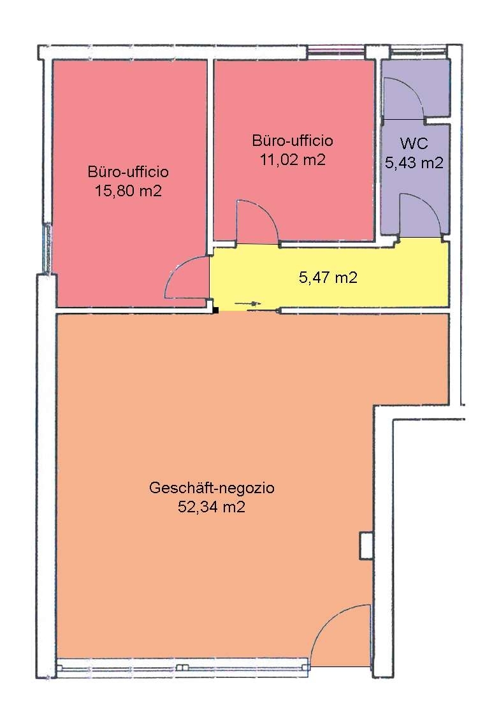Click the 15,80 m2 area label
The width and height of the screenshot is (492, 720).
click(128, 191)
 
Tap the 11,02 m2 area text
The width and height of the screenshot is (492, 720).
click(293, 160)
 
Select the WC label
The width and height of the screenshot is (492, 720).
click(414, 143)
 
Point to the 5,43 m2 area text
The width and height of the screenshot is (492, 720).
click(414, 162)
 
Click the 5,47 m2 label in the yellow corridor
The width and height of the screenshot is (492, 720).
click(328, 277)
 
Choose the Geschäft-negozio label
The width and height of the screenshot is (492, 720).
click(212, 487)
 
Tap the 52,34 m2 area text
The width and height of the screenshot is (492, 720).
click(212, 507)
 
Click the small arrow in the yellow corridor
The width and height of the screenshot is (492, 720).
click(248, 303)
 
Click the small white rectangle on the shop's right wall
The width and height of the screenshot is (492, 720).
click(366, 545)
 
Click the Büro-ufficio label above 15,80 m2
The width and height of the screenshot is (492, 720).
click(128, 172)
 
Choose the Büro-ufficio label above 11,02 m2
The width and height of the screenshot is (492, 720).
click(293, 140)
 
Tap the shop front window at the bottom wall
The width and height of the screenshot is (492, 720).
click(182, 668)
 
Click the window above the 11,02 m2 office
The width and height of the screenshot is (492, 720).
click(336, 51)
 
